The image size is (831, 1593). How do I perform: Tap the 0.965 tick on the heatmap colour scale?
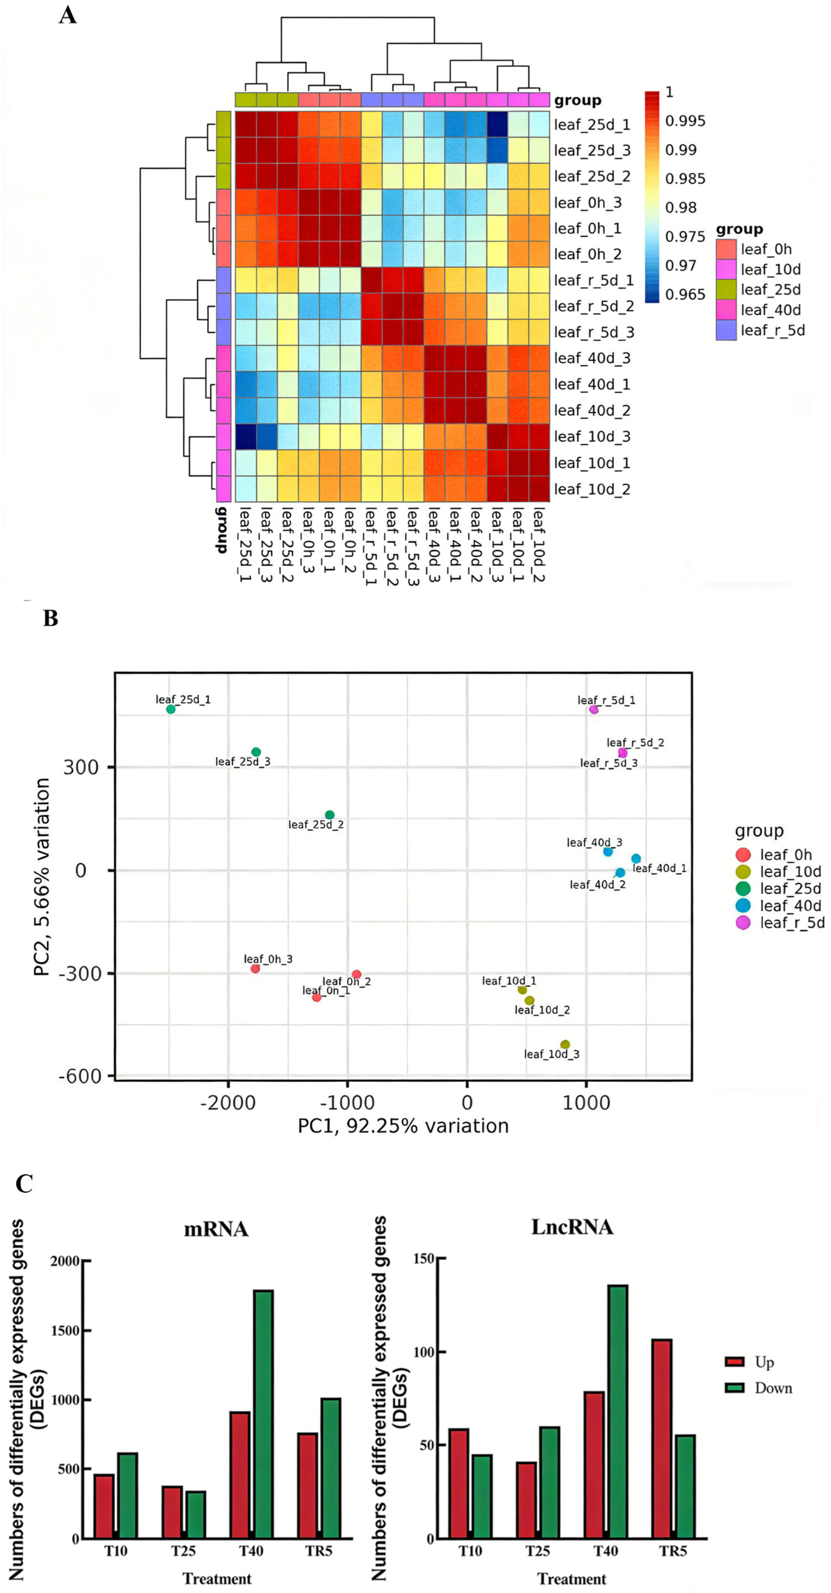pyautogui.click(x=685, y=295)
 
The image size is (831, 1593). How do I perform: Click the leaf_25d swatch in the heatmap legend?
pyautogui.click(x=726, y=290)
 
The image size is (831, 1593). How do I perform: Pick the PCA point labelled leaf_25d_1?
pyautogui.click(x=171, y=709)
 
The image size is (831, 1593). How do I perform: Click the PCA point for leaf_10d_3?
pyautogui.click(x=565, y=1045)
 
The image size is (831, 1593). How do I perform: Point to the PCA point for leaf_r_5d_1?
pyautogui.click(x=593, y=709)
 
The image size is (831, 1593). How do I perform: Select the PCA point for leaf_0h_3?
pyautogui.click(x=255, y=968)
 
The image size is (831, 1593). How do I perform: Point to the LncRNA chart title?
pyautogui.click(x=572, y=1227)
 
